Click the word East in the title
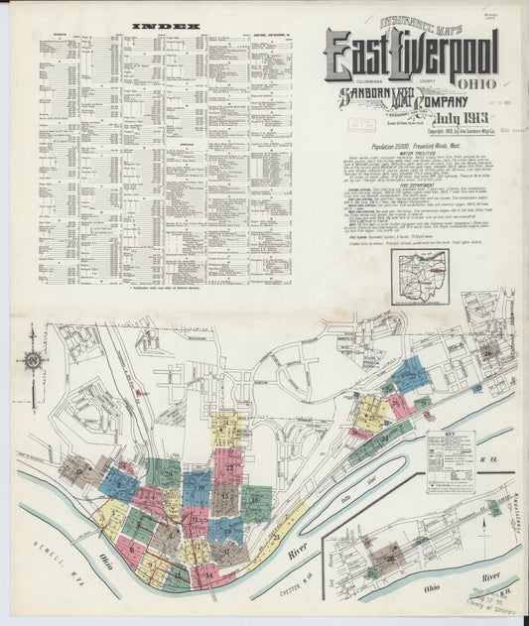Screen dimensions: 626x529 tap(365, 57)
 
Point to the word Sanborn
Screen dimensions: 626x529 tap(366, 96)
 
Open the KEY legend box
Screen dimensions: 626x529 tap(451, 461)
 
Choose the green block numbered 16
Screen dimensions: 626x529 tap(257, 504)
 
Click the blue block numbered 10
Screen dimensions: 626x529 tap(197, 487)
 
